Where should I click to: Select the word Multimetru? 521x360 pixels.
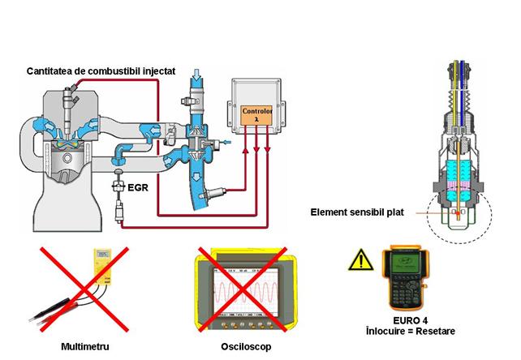click(x=85, y=345)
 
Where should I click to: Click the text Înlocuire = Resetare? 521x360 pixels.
click(x=414, y=332)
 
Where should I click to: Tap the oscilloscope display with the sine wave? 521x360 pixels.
click(x=244, y=289)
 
